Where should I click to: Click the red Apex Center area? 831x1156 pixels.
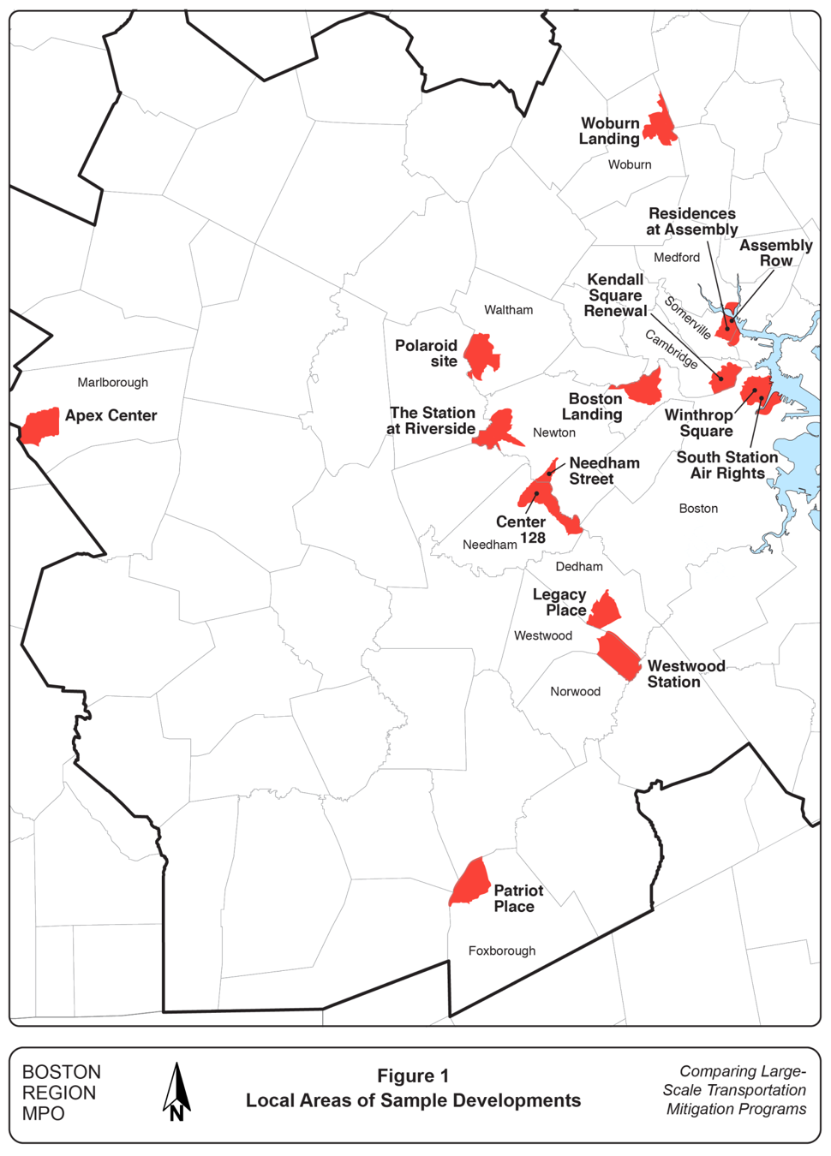click(x=39, y=426)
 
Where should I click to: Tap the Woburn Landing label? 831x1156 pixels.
click(x=610, y=131)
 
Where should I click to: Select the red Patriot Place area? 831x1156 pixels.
click(x=470, y=882)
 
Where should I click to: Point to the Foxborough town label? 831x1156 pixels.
click(x=502, y=950)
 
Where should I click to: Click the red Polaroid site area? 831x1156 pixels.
click(x=481, y=355)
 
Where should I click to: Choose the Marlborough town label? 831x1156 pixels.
click(x=112, y=382)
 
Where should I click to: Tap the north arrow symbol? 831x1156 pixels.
click(x=176, y=1092)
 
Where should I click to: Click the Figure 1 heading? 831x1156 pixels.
click(x=413, y=1076)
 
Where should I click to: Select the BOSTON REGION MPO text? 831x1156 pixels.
click(x=61, y=1093)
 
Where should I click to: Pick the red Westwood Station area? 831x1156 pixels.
click(x=619, y=655)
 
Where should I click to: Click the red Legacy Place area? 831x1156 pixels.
click(x=605, y=609)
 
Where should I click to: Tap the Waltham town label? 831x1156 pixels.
click(x=508, y=310)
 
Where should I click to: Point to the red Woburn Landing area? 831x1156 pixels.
click(x=661, y=122)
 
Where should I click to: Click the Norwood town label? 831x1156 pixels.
click(x=575, y=691)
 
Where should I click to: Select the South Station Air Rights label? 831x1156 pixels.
click(x=726, y=465)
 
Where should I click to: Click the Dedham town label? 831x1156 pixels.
click(x=579, y=566)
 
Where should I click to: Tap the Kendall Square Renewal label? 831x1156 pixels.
click(x=615, y=295)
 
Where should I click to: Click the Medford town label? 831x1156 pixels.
click(x=677, y=257)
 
